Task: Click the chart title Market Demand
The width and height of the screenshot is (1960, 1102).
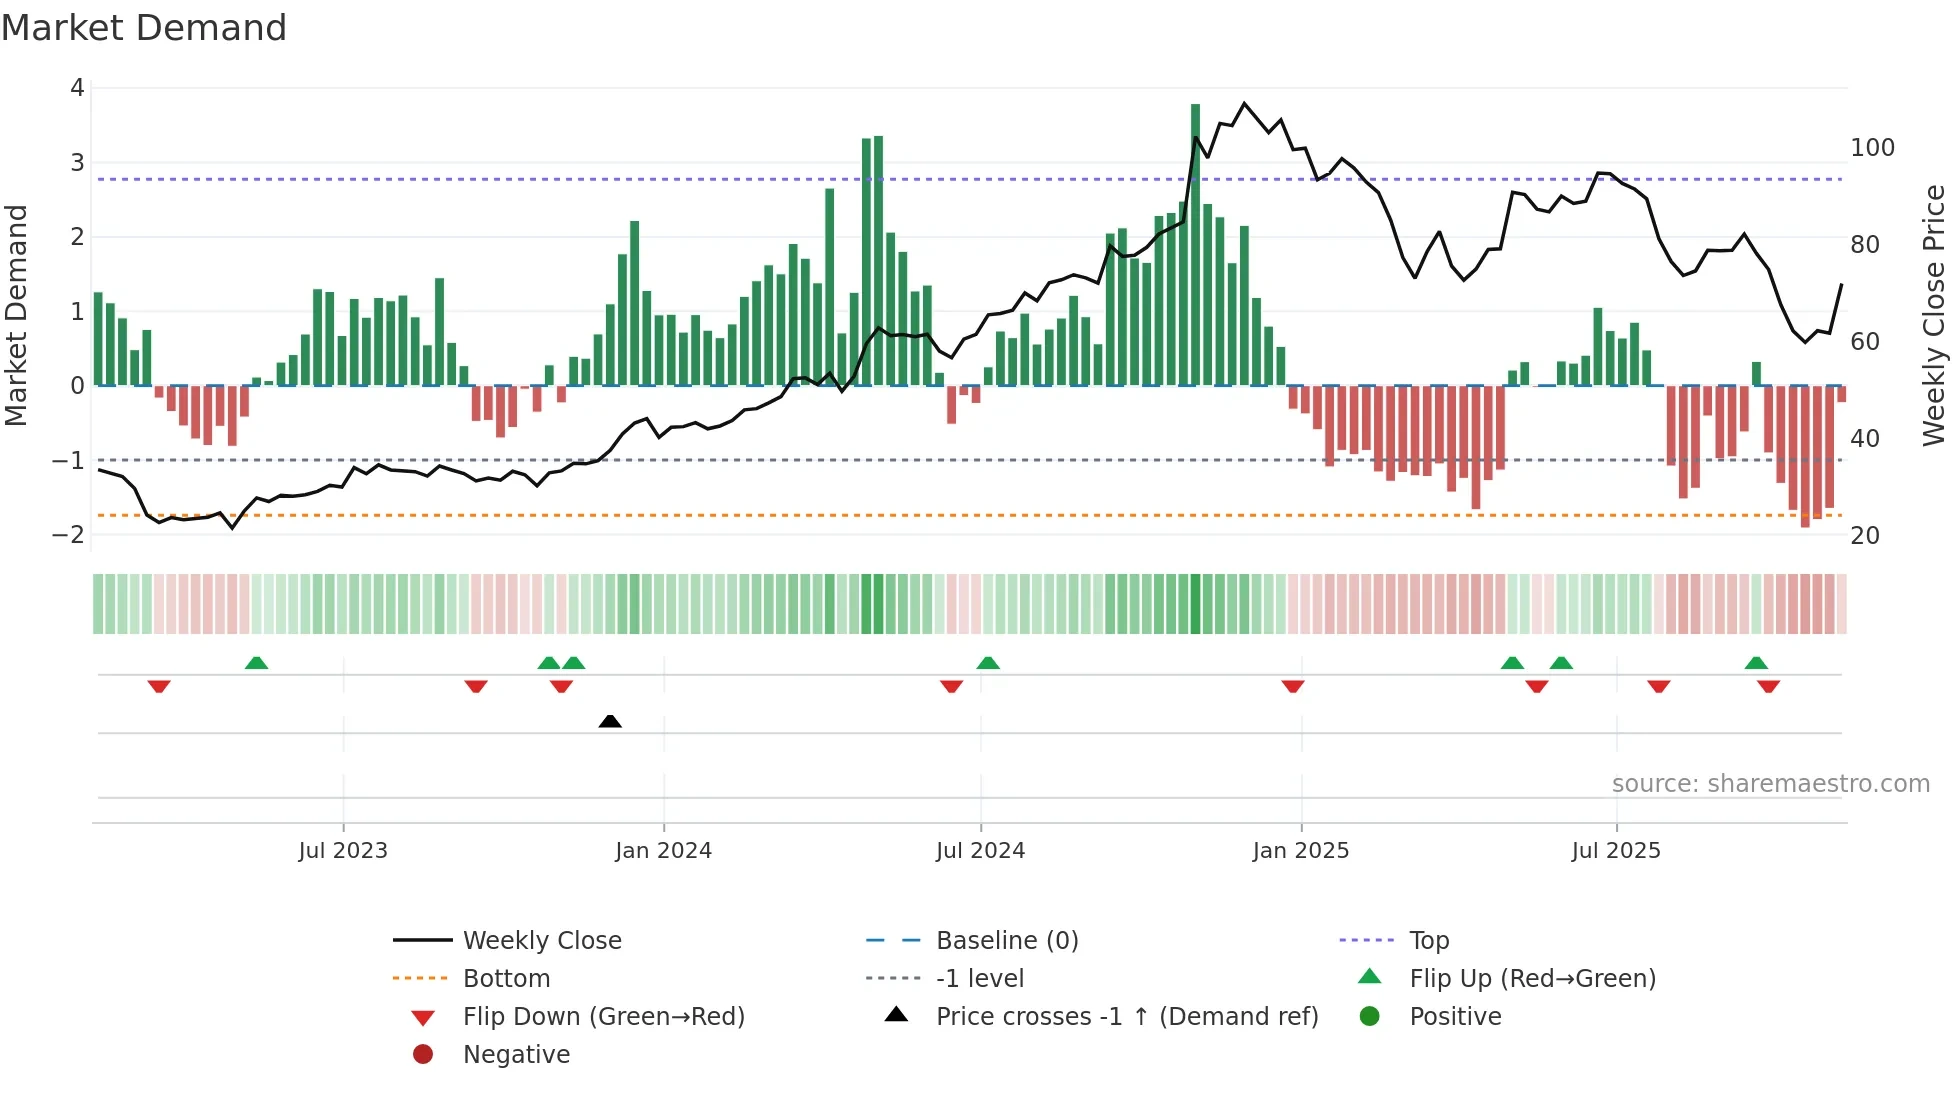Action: (x=144, y=28)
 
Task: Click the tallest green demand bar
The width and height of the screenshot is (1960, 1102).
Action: (x=1195, y=244)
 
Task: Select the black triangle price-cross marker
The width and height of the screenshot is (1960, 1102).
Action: (x=610, y=721)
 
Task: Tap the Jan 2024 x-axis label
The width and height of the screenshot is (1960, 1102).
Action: (x=663, y=850)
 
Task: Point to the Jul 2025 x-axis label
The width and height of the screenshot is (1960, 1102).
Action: (x=1615, y=850)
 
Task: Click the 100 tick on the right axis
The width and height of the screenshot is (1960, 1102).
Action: (x=1872, y=148)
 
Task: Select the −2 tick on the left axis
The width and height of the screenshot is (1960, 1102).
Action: (x=68, y=534)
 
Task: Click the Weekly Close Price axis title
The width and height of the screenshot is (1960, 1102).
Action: (x=1934, y=315)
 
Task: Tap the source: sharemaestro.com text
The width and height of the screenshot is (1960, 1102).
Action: (x=1770, y=783)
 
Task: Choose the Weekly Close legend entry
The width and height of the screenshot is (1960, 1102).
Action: (x=541, y=940)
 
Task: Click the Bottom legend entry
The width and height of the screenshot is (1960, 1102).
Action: (x=506, y=978)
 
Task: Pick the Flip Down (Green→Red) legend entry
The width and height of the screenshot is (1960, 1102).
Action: (x=603, y=1016)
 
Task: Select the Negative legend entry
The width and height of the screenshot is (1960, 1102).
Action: (x=516, y=1054)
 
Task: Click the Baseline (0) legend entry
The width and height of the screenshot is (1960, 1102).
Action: (x=1006, y=940)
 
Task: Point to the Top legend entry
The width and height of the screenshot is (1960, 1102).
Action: (x=1428, y=940)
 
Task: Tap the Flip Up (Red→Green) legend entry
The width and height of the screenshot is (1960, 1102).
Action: (x=1532, y=978)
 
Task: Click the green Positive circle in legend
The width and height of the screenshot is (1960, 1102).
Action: (x=1370, y=1016)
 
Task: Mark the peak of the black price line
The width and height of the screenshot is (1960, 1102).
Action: (x=1244, y=103)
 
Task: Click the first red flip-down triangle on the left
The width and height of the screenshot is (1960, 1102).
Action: (x=159, y=686)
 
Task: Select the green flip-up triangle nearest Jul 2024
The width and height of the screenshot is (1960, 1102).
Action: (x=988, y=663)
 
